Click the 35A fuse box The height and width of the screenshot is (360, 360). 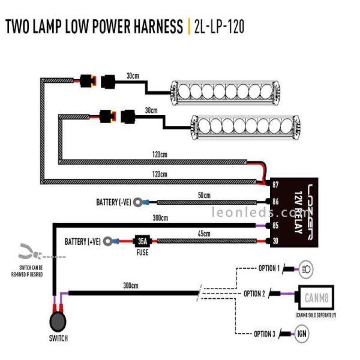tap(143, 241)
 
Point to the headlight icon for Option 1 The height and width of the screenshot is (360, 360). tap(305, 268)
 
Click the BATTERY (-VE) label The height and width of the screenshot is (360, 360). tap(113, 202)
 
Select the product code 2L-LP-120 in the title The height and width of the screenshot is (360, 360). tap(220, 27)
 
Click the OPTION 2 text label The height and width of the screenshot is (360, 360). tap(254, 294)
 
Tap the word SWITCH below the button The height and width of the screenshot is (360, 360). tap(57, 338)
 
